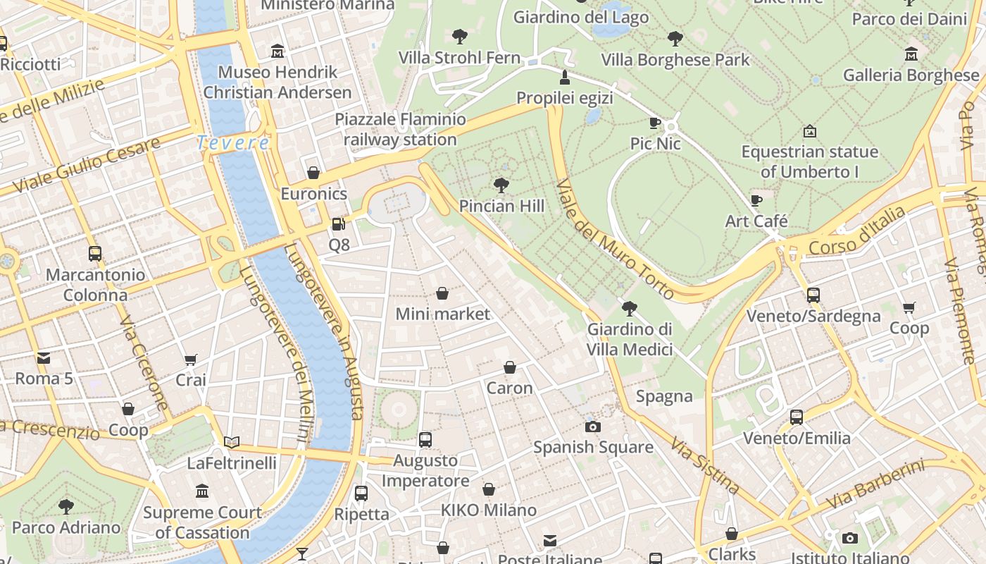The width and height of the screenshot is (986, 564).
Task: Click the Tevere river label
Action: [232, 143]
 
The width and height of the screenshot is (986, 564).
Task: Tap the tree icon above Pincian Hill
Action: [501, 185]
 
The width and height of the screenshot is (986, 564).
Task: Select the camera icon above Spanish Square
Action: [593, 427]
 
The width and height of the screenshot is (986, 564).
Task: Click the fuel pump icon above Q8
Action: [339, 224]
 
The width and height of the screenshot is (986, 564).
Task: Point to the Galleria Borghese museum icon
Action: [911, 54]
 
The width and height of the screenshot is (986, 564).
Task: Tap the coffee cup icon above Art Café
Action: [756, 200]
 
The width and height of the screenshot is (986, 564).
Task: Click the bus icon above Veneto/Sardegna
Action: [813, 295]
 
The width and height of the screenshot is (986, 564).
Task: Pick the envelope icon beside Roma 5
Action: [44, 358]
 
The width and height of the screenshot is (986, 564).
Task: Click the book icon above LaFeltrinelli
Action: [232, 443]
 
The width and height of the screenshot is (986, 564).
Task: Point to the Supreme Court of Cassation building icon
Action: [202, 491]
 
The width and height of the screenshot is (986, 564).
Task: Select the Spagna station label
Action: [664, 397]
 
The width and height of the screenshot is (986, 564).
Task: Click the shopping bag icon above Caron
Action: [510, 367]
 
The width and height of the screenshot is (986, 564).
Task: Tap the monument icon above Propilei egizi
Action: [564, 77]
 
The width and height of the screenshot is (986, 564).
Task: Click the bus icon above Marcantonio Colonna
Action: [95, 254]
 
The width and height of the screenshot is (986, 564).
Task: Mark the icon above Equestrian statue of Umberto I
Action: [810, 131]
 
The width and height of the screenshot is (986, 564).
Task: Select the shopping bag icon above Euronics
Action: [313, 173]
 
